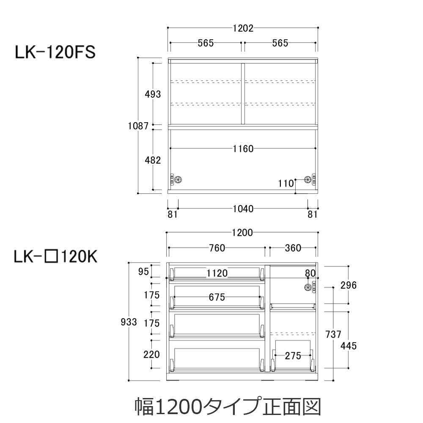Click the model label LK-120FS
55,52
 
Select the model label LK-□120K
55,257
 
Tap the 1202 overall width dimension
243,28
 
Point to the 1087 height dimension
138,126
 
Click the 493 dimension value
153,94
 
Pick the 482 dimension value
153,160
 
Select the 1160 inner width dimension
243,148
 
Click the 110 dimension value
286,184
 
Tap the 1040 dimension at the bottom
243,209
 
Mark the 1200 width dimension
242,233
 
